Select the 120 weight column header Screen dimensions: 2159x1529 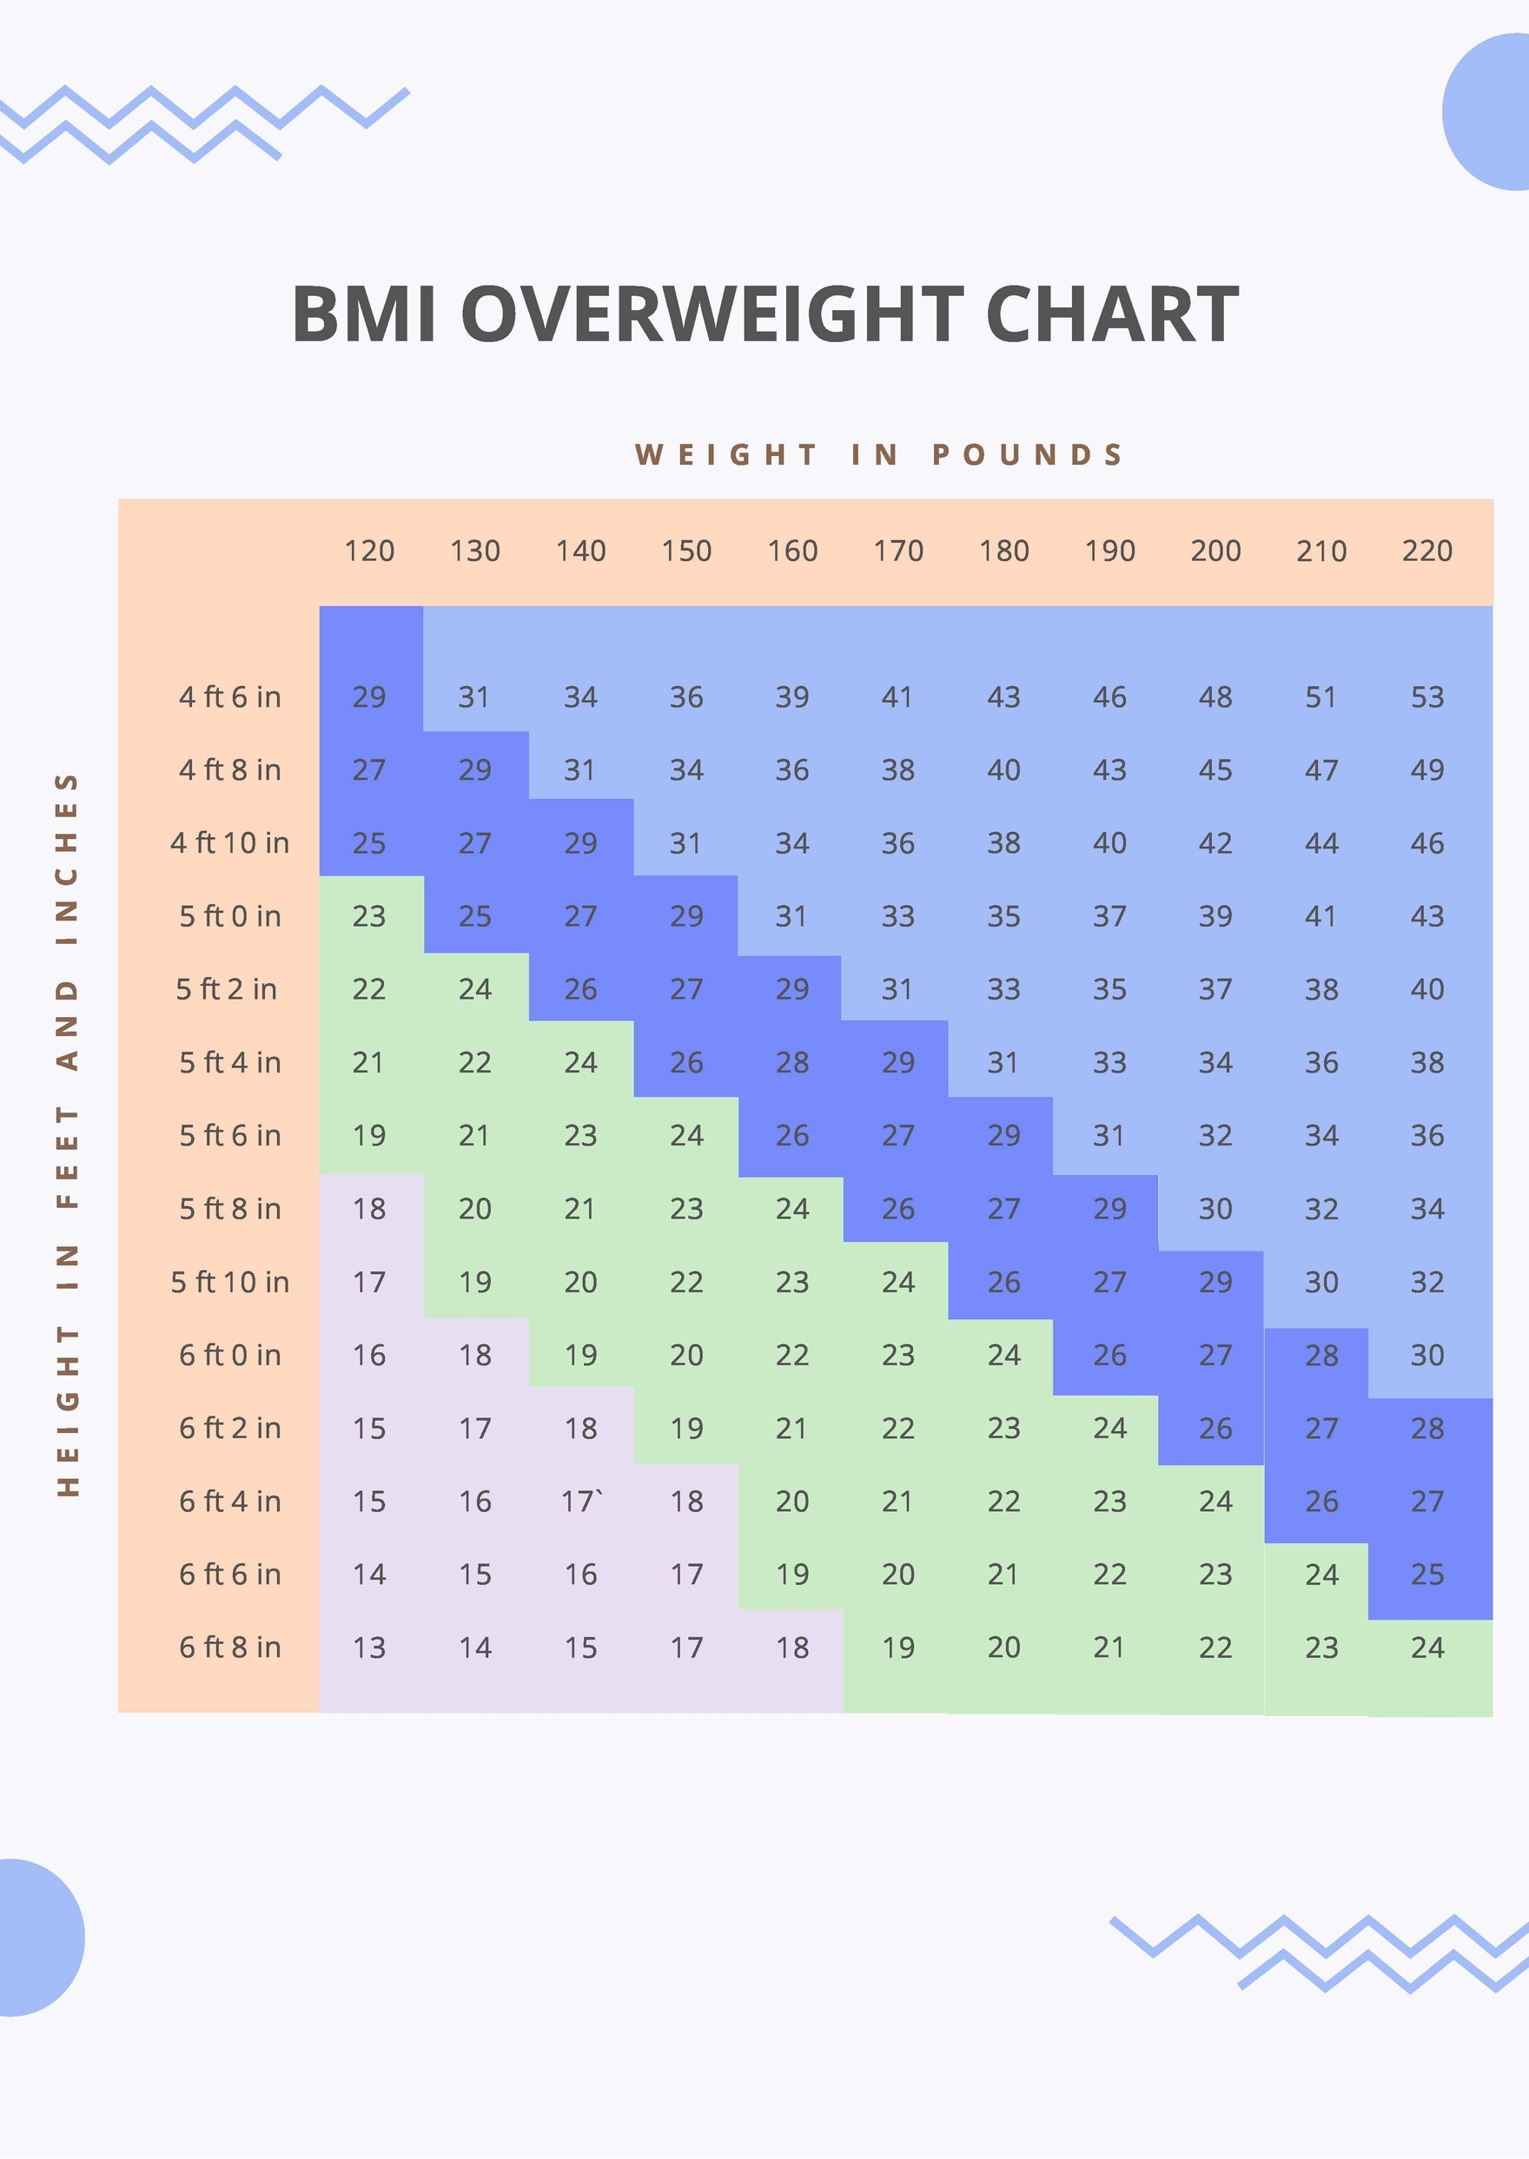click(x=369, y=551)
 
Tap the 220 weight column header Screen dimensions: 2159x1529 click(x=1426, y=551)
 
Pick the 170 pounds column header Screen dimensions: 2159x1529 click(x=897, y=551)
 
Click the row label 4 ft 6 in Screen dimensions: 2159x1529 click(x=229, y=697)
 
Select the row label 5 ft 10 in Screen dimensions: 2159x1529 click(x=229, y=1282)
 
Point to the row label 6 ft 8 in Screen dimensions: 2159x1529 click(x=229, y=1647)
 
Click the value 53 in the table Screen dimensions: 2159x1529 click(x=1426, y=697)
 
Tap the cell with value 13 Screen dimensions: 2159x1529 click(x=369, y=1647)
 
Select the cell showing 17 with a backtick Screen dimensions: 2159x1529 click(x=581, y=1501)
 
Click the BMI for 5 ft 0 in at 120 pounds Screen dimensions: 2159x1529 click(x=369, y=915)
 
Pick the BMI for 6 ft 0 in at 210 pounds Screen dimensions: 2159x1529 click(x=1320, y=1356)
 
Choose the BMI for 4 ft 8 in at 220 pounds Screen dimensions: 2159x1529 click(x=1426, y=769)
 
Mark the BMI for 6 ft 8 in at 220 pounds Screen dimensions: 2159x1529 click(x=1426, y=1647)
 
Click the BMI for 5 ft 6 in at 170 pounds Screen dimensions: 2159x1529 click(x=897, y=1135)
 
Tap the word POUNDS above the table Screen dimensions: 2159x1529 click(x=1028, y=454)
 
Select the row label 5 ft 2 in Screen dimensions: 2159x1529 click(x=226, y=989)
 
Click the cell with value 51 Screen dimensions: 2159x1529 click(x=1320, y=697)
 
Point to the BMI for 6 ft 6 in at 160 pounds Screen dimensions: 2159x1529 click(x=791, y=1575)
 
